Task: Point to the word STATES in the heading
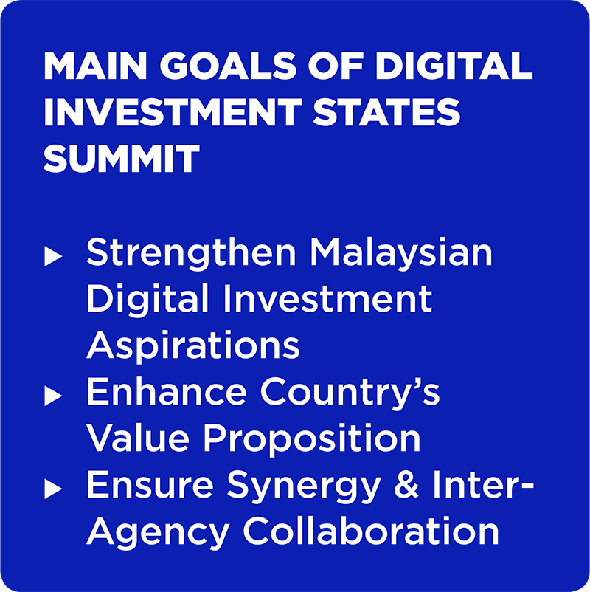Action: pos(386,111)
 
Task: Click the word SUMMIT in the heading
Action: pos(121,158)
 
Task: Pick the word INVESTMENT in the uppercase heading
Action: pos(173,111)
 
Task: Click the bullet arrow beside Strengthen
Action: pos(53,256)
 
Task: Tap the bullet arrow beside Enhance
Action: pos(53,396)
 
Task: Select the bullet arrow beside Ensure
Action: pos(53,489)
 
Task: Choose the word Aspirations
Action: pos(193,345)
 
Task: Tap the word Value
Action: pos(138,438)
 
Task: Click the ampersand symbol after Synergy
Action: pos(406,484)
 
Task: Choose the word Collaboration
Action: pos(371,530)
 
